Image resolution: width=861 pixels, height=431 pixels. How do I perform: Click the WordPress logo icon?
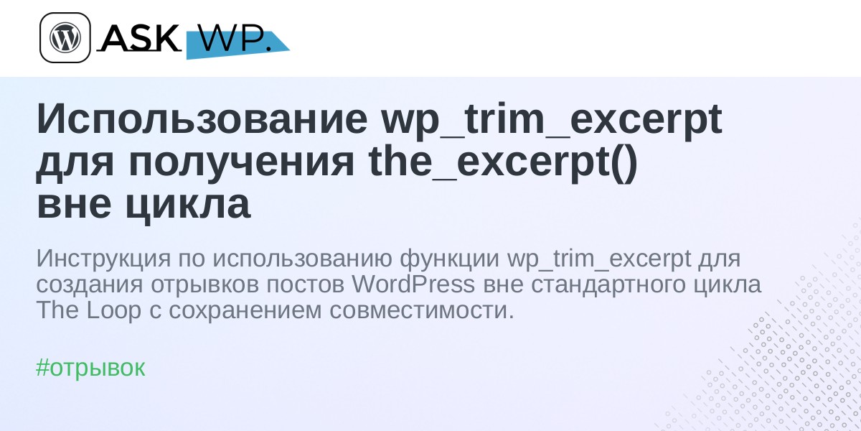tap(65, 37)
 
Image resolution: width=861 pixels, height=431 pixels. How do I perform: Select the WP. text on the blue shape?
tap(236, 39)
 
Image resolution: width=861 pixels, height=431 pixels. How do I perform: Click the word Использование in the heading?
tap(202, 119)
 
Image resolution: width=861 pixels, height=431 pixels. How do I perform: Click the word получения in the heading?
tap(241, 163)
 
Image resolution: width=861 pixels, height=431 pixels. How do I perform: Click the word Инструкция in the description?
tap(103, 259)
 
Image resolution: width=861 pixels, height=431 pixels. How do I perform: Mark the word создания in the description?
tap(89, 285)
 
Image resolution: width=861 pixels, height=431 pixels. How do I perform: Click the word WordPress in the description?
tap(413, 284)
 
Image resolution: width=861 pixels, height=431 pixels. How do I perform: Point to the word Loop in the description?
tap(114, 310)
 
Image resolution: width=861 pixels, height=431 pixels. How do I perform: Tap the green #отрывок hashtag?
tap(90, 368)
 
